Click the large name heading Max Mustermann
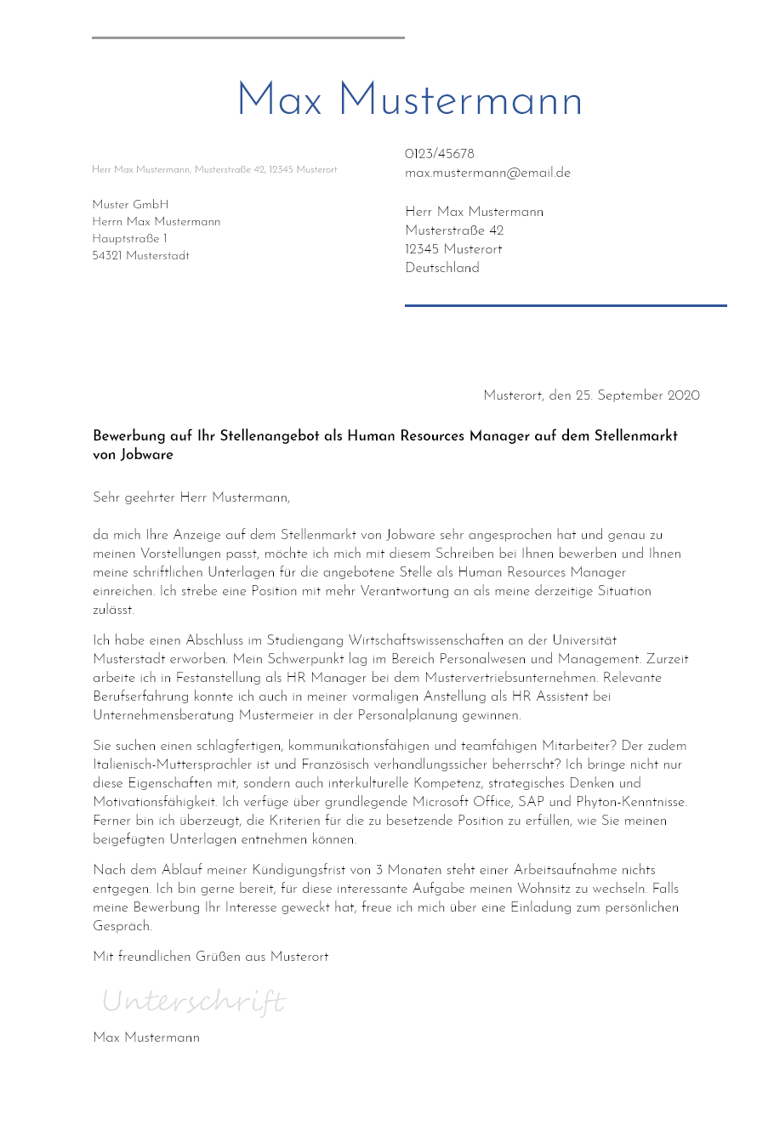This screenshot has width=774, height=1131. pyautogui.click(x=409, y=101)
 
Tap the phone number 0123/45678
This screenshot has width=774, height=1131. pyautogui.click(x=440, y=154)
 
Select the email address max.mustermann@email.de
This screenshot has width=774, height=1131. pyautogui.click(x=487, y=173)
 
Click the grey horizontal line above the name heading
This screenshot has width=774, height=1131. pyautogui.click(x=248, y=37)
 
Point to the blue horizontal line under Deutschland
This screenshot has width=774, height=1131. pyautogui.click(x=566, y=305)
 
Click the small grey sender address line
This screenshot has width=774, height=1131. pyautogui.click(x=214, y=170)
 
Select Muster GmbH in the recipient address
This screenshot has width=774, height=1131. pyautogui.click(x=130, y=205)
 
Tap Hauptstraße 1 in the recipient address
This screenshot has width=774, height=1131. pyautogui.click(x=129, y=239)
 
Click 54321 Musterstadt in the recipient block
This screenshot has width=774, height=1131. pyautogui.click(x=140, y=256)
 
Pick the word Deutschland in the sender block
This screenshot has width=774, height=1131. pyautogui.click(x=442, y=268)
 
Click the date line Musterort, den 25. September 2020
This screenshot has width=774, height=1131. pyautogui.click(x=591, y=395)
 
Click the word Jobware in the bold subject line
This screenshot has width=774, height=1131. pyautogui.click(x=147, y=455)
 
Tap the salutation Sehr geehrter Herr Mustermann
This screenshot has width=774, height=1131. pyautogui.click(x=191, y=498)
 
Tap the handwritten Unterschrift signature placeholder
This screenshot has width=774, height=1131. pyautogui.click(x=194, y=1001)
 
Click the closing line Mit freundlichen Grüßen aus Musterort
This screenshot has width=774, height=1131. pyautogui.click(x=210, y=957)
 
